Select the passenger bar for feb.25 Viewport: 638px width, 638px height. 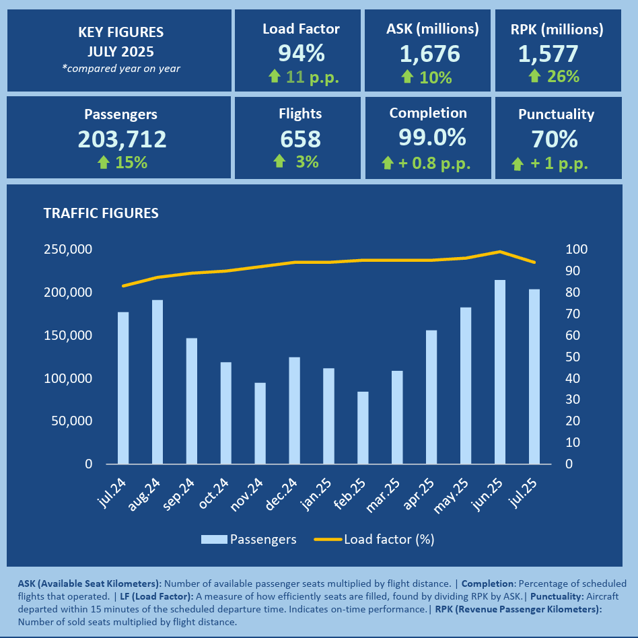click(x=363, y=428)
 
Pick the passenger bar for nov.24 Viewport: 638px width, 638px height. click(x=260, y=423)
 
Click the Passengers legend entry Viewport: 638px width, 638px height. click(x=249, y=539)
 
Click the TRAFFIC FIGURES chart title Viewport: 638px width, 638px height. click(x=101, y=213)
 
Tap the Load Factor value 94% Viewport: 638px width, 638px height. click(x=301, y=53)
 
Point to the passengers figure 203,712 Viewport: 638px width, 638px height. click(x=122, y=139)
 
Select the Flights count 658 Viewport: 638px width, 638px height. click(x=300, y=139)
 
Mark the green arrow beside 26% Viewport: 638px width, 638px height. click(x=534, y=76)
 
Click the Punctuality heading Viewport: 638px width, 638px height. click(x=557, y=114)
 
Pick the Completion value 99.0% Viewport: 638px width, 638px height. click(x=432, y=137)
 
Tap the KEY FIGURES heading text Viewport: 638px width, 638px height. click(x=121, y=32)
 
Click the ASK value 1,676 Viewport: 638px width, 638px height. click(x=431, y=53)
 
